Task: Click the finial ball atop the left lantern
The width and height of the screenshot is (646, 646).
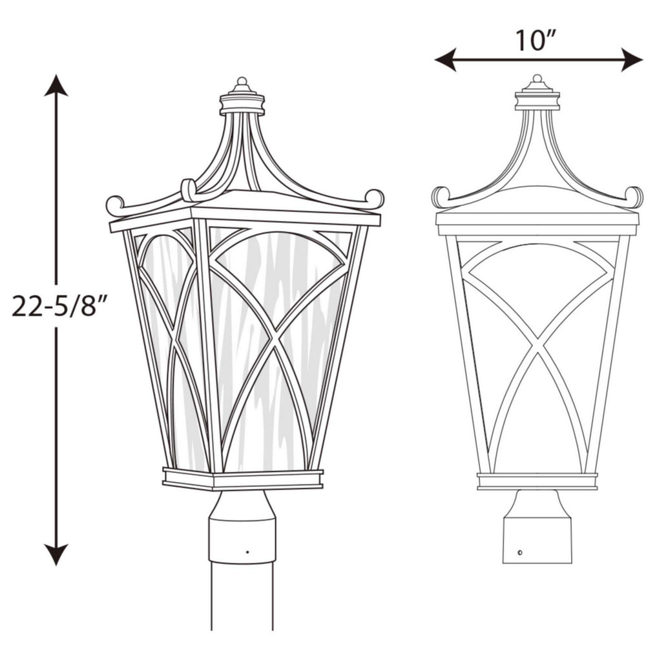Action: (x=242, y=82)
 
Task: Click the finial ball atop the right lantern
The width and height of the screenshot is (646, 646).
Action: (x=537, y=79)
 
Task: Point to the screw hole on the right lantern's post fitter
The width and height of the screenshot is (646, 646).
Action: (x=521, y=554)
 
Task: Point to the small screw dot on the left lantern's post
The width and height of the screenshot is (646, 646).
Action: (x=247, y=552)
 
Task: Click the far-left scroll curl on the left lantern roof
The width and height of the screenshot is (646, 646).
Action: (x=114, y=205)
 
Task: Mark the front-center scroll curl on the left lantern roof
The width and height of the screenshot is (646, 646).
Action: (x=189, y=189)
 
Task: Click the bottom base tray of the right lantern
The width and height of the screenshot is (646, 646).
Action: (x=537, y=481)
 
